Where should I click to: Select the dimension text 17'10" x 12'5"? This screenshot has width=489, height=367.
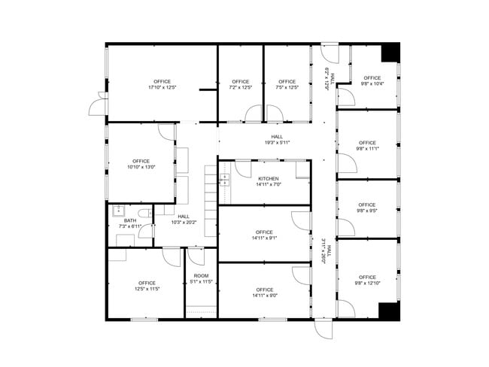point(162,87)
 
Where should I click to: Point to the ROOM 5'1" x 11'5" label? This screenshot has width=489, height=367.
point(201,279)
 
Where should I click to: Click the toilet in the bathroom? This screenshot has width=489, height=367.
point(144,214)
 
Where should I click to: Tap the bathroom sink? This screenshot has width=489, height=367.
point(119,211)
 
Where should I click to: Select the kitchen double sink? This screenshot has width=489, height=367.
point(224,180)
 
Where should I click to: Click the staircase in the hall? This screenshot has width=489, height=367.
point(211,201)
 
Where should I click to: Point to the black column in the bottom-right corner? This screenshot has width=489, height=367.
point(389,311)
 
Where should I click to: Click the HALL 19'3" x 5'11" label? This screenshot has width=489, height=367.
point(277,140)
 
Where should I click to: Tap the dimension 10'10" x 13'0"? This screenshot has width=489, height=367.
point(141,167)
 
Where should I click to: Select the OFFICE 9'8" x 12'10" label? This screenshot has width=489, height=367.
point(367,281)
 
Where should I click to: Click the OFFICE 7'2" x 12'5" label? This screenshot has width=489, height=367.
point(241,84)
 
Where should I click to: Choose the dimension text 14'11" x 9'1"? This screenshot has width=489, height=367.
point(265,238)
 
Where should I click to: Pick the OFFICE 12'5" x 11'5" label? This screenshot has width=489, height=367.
point(147,286)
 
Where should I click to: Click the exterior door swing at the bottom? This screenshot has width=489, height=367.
point(323,329)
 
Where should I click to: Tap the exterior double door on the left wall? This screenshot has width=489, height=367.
point(99,104)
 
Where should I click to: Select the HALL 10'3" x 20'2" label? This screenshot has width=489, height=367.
point(184,220)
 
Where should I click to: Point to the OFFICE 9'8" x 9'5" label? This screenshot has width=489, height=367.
point(367,208)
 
